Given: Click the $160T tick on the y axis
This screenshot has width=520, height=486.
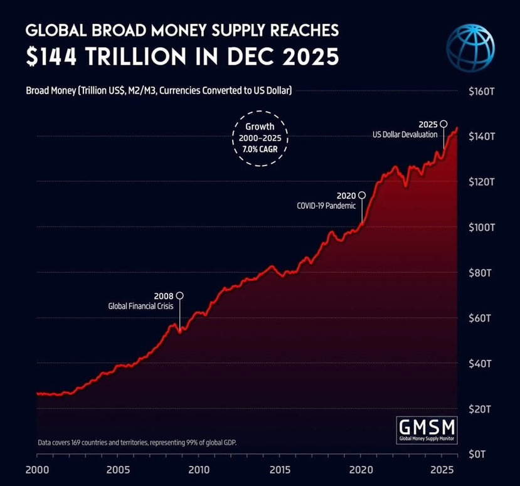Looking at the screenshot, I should click(x=483, y=91).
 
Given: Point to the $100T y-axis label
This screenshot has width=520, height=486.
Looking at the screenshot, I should click(x=483, y=227).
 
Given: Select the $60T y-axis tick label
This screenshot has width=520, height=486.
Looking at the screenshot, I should click(x=483, y=318).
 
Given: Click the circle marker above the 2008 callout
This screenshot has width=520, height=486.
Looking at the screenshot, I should click(x=180, y=295).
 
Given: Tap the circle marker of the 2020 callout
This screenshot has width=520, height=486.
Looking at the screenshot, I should click(x=361, y=196).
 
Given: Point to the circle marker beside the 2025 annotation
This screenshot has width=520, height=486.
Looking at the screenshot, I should click(x=443, y=124).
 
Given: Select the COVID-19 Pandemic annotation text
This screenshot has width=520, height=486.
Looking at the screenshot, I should click(x=326, y=206).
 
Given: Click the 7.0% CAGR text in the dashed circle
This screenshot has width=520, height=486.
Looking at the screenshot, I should click(x=260, y=151).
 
